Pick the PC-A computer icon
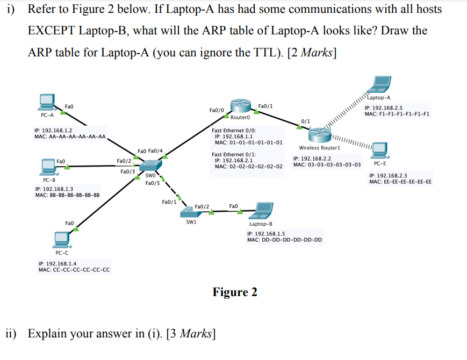[47, 102]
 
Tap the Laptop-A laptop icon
[380, 85]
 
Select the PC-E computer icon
[380, 150]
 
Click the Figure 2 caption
[235, 292]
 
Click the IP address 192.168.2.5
[383, 107]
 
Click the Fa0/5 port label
[153, 184]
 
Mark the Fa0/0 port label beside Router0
[217, 110]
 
